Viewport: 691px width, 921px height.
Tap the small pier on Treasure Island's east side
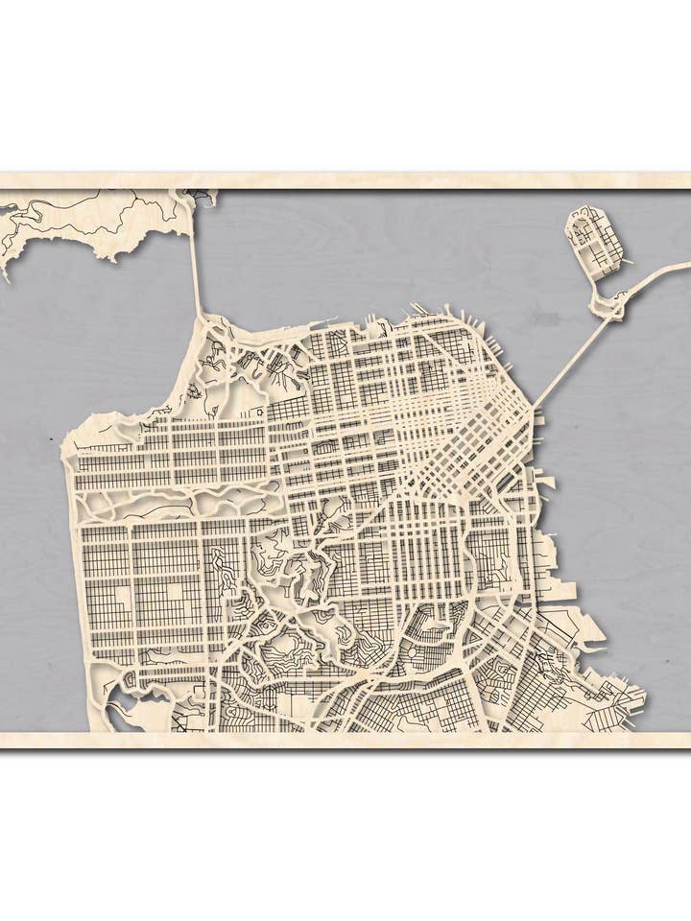pyautogui.click(x=627, y=260)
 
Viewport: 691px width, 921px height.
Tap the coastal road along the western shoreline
pyautogui.click(x=76, y=576)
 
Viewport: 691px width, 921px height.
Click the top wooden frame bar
pyautogui.click(x=345, y=181)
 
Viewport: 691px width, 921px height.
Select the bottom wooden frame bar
pyautogui.click(x=345, y=740)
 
